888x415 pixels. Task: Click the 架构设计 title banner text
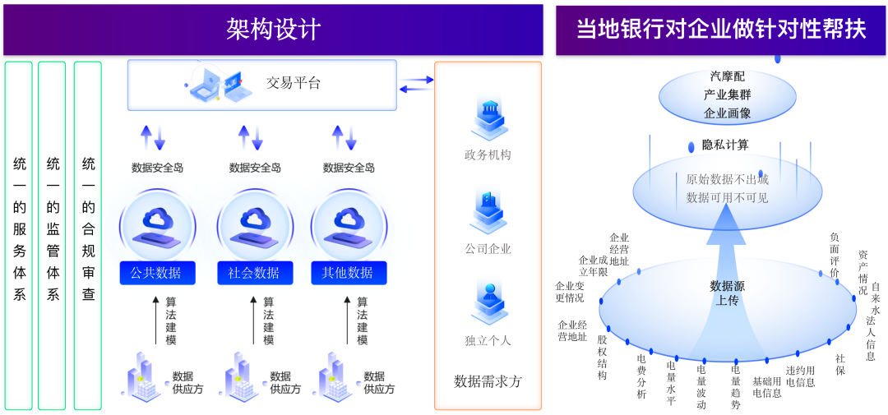(x=273, y=30)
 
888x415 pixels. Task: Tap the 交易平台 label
(x=293, y=83)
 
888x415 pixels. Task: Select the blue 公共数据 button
(x=156, y=273)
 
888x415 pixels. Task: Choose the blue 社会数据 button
(x=254, y=273)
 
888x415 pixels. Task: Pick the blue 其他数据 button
(x=349, y=273)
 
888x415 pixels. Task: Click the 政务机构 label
(x=488, y=154)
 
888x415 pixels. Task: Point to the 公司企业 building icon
(x=488, y=209)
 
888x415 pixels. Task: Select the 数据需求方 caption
(x=488, y=381)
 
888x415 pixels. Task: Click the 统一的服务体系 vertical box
(x=19, y=234)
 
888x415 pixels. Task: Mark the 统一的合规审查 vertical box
(x=88, y=234)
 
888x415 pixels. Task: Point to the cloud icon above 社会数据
(x=254, y=220)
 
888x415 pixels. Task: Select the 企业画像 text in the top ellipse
(x=727, y=113)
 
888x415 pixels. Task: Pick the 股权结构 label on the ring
(x=603, y=357)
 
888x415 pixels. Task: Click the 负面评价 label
(x=835, y=255)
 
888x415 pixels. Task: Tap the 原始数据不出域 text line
(x=727, y=178)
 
